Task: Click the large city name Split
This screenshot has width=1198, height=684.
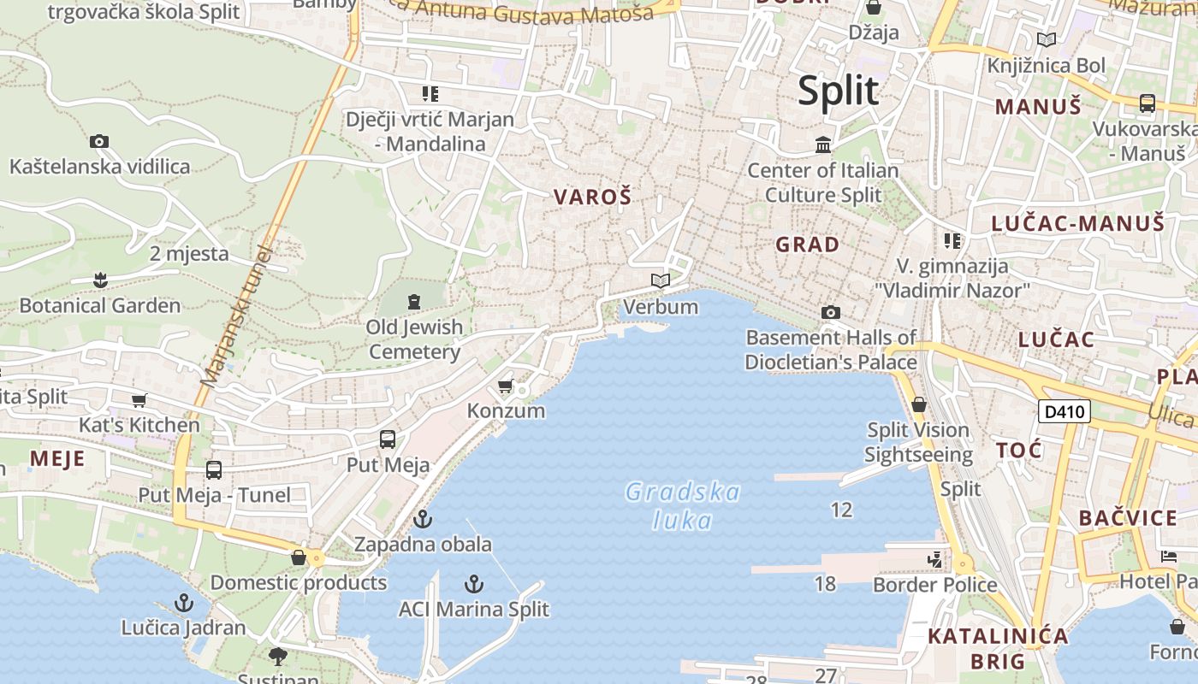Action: (838, 91)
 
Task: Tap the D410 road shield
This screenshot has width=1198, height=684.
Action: (1064, 411)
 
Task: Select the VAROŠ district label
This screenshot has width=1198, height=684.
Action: (592, 198)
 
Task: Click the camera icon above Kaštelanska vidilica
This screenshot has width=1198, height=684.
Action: (99, 141)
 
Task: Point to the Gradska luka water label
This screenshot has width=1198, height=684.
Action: (682, 505)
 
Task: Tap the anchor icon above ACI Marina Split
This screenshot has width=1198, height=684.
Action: (474, 584)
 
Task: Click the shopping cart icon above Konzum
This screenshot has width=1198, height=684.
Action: (506, 386)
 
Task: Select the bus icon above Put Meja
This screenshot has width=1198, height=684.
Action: (388, 439)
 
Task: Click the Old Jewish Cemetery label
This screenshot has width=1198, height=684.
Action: (415, 339)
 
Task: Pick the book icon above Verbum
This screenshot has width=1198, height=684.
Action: (660, 280)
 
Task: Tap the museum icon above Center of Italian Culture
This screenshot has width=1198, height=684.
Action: (823, 144)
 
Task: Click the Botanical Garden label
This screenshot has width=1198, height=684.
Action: (100, 305)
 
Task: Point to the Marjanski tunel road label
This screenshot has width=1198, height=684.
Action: (237, 316)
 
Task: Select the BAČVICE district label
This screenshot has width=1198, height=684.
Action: (1128, 518)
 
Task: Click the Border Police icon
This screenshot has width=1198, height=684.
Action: (934, 560)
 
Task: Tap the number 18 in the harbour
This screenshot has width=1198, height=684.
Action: (825, 584)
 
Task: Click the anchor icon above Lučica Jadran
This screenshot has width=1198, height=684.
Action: (183, 604)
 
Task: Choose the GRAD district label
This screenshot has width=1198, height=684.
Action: (807, 245)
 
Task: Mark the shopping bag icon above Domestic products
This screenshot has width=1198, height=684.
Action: (299, 557)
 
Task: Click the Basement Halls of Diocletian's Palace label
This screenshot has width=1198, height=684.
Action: (830, 350)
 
